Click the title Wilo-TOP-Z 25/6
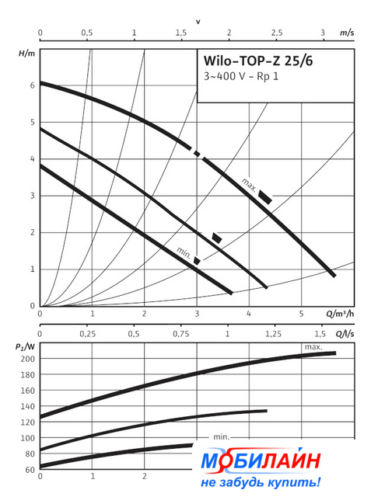pyautogui.click(x=258, y=61)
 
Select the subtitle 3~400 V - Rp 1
pyautogui.click(x=241, y=76)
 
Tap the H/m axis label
pyautogui.click(x=26, y=54)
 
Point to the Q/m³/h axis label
pyautogui.click(x=340, y=314)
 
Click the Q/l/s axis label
pyautogui.click(x=345, y=334)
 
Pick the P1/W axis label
pyautogui.click(x=25, y=347)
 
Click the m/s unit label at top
pyautogui.click(x=347, y=33)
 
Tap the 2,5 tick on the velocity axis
pyautogui.click(x=276, y=33)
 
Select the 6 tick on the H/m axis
pyautogui.click(x=33, y=85)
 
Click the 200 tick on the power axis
pyautogui.click(x=27, y=359)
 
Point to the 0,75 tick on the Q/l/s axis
pyautogui.click(x=181, y=334)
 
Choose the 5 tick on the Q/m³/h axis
pyautogui.click(x=301, y=314)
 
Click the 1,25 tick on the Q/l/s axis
pyautogui.click(x=273, y=334)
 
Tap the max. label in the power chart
pyautogui.click(x=313, y=347)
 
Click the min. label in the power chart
pyautogui.click(x=221, y=436)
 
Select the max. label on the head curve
pyautogui.click(x=249, y=185)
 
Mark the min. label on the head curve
pyautogui.click(x=184, y=252)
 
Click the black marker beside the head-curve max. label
pyautogui.click(x=265, y=197)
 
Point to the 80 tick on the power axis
pyautogui.click(x=30, y=454)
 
